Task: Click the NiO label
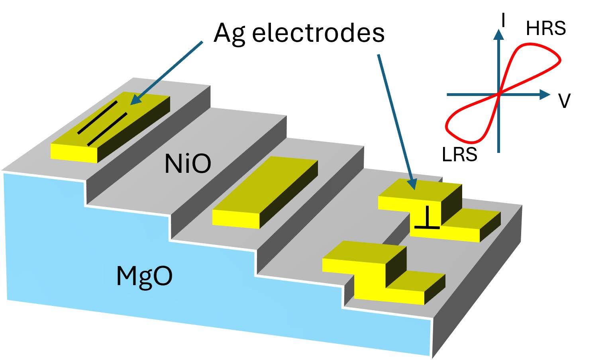pos(187,164)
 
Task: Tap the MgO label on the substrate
pos(144,276)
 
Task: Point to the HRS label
pos(545,29)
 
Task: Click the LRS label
pos(459,155)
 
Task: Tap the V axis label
pos(564,101)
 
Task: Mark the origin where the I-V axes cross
pos(498,95)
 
